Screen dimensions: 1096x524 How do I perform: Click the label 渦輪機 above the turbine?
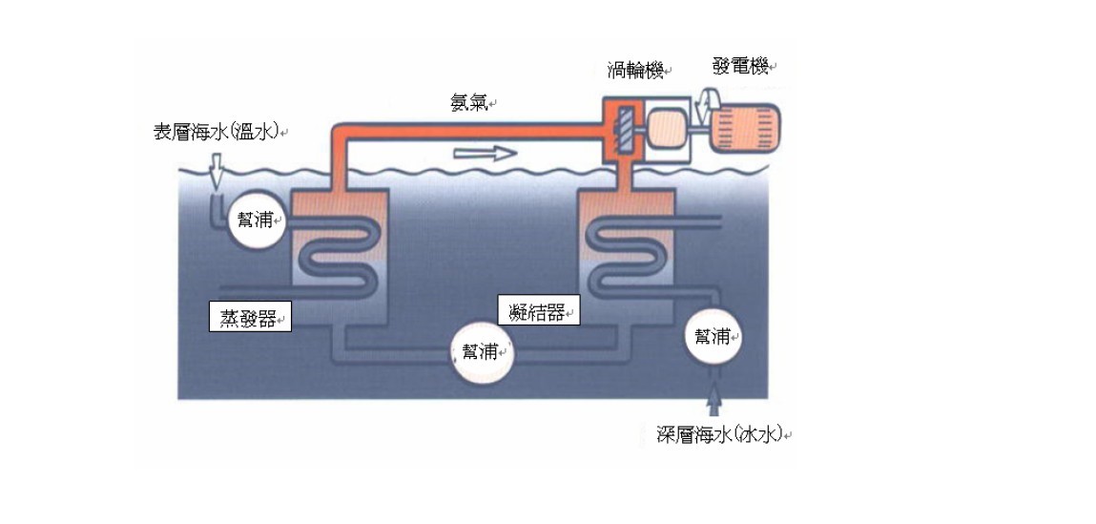634,72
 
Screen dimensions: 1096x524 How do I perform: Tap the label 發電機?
739,67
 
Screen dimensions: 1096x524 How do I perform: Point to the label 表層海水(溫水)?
217,133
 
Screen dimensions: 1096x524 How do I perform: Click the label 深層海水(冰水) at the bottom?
719,434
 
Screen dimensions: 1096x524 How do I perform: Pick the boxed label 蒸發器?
250,318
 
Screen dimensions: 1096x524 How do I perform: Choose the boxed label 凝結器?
539,310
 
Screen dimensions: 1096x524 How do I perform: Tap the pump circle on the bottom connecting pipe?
484,352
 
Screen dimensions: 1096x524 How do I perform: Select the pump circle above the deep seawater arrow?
713,338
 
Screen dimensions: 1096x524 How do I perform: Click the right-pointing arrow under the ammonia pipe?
485,154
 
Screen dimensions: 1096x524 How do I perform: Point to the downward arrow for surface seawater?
217,172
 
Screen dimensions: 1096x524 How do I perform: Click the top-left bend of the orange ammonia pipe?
337,132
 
